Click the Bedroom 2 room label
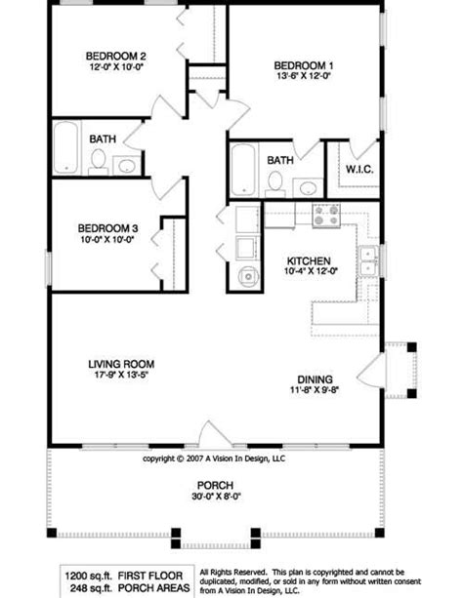pos(115,56)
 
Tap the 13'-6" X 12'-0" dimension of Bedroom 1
pos(304,75)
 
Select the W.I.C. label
pos(359,169)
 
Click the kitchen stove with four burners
pos(326,216)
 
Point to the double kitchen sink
pos(367,260)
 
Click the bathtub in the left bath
pos(65,147)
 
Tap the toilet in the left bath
pos(99,162)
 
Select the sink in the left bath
pos(127,166)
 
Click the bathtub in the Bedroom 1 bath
pos(243,170)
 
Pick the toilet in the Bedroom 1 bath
pos(274,183)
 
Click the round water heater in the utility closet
pos(248,276)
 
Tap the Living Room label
pos(121,364)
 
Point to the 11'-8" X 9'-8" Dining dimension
pos(315,390)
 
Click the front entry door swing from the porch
pos(215,433)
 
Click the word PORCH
pos(215,486)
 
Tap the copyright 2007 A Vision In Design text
pos(214,458)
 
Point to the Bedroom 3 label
pos(107,228)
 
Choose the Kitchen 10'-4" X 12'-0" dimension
pos(311,271)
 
